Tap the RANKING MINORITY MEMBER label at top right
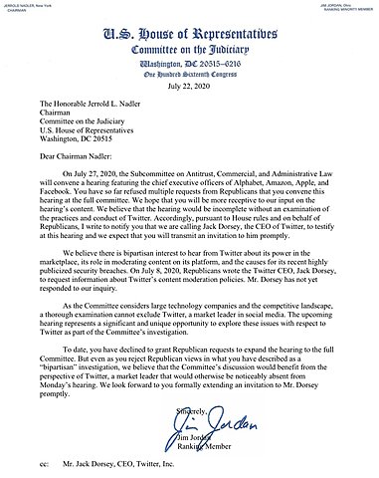[x=345, y=11]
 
